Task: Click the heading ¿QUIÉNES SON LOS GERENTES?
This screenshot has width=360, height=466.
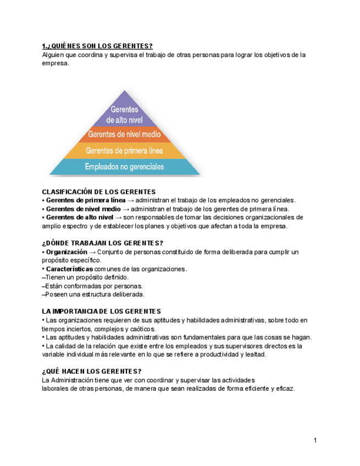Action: [x=97, y=46]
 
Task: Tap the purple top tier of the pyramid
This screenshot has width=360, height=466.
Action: [x=125, y=112]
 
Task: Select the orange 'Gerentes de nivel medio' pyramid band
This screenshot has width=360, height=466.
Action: [x=125, y=134]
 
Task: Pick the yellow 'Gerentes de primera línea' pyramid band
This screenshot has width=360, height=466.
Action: [x=125, y=150]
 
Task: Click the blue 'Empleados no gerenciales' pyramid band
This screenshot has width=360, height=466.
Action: [x=125, y=166]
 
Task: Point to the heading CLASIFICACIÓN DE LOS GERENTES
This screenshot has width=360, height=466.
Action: [x=99, y=192]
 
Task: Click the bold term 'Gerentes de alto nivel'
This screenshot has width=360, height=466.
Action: [x=79, y=217]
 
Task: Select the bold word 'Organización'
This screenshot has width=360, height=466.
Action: [x=67, y=252]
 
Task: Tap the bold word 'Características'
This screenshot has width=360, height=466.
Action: [x=70, y=269]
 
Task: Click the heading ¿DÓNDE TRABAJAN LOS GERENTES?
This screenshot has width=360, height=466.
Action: [x=103, y=243]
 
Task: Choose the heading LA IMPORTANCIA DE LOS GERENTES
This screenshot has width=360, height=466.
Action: [x=102, y=312]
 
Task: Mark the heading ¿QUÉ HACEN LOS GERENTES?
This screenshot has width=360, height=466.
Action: [x=92, y=371]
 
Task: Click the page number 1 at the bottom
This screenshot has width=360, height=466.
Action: [x=315, y=440]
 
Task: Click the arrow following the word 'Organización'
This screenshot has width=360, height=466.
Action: [x=92, y=252]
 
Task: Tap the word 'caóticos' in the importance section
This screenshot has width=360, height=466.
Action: [x=142, y=329]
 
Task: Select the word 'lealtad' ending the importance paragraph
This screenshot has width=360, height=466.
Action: [x=255, y=354]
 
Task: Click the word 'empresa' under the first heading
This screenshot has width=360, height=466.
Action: [x=56, y=63]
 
